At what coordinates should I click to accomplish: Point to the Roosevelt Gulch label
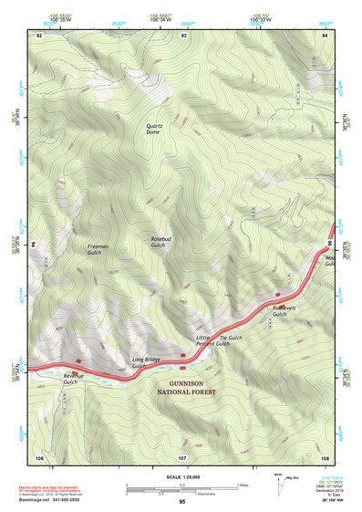[x=285, y=311]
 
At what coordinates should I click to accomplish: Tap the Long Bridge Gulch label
[x=146, y=362]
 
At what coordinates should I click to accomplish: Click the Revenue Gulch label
[x=76, y=379]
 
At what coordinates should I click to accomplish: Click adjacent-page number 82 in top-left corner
[x=39, y=35]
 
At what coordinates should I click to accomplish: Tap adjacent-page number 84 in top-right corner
[x=325, y=35]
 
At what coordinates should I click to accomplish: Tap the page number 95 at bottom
[x=182, y=502]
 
